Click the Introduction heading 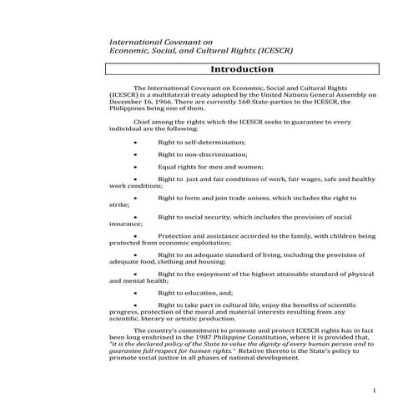click(x=242, y=69)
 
